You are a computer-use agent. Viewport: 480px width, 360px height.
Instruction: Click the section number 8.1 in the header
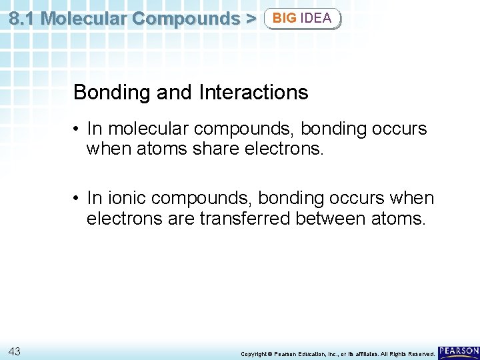[22, 18]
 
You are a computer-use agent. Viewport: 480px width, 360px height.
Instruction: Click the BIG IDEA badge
[302, 18]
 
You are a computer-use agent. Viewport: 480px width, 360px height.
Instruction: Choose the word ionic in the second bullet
[126, 199]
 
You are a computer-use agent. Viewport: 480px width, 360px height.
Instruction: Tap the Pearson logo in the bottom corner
[459, 351]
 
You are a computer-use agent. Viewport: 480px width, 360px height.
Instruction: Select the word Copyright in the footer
[253, 353]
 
